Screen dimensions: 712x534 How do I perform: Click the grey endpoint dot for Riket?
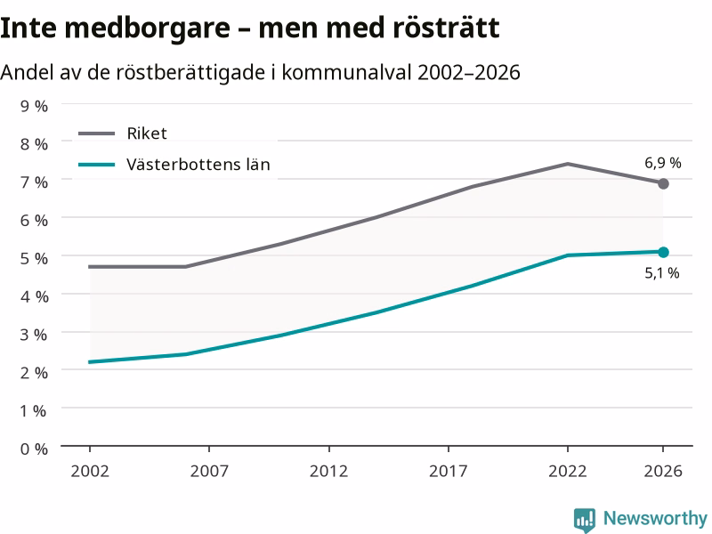click(663, 183)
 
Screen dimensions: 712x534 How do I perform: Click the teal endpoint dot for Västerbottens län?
click(663, 252)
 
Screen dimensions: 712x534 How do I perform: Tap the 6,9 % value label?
click(663, 163)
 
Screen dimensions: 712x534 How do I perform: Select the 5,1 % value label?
click(662, 273)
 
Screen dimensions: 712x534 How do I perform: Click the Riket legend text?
click(147, 133)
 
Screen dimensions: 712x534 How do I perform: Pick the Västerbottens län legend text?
click(198, 164)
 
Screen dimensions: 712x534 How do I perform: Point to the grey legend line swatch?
click(96, 133)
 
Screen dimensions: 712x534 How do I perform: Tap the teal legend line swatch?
click(96, 165)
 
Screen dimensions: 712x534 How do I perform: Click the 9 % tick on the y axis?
click(34, 106)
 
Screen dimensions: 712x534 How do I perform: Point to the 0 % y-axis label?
click(34, 449)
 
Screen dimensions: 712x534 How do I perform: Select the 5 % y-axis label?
click(34, 258)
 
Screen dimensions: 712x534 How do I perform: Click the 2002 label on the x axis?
click(90, 471)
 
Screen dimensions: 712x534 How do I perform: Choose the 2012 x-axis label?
click(328, 471)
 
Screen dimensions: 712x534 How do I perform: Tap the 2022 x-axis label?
click(568, 471)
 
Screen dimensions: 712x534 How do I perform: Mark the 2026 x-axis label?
click(663, 471)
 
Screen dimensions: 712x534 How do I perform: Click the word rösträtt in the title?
click(446, 28)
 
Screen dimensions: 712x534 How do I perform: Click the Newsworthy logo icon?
click(585, 520)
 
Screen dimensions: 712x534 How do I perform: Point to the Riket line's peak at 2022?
click(568, 164)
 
